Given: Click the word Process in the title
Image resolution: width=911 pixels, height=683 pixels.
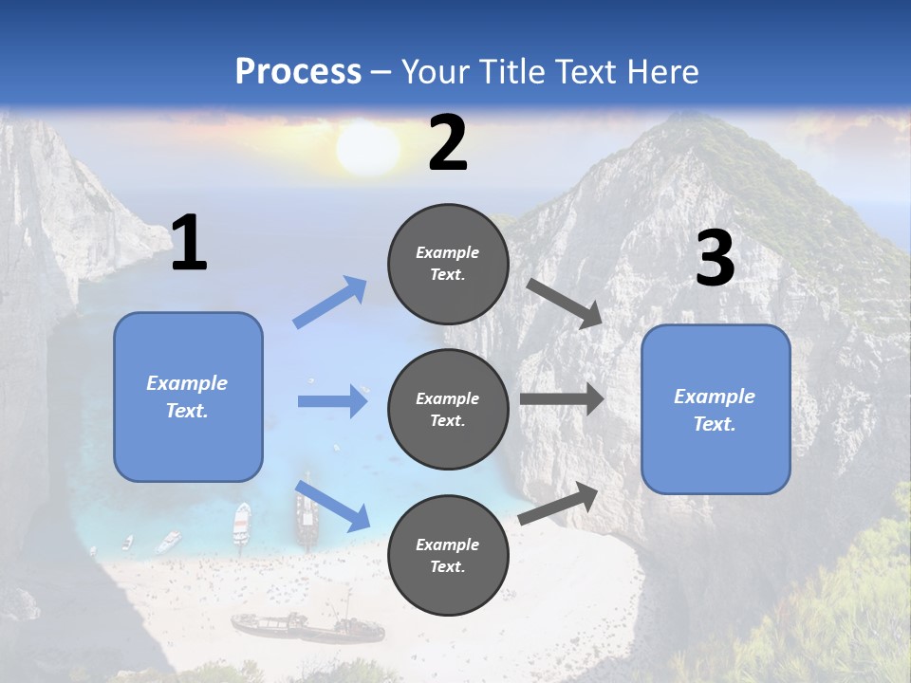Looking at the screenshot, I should coord(298,71).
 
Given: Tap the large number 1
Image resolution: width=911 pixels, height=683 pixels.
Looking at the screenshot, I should coord(189,244).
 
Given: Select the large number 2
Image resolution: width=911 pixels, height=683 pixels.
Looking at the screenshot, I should coord(447,143).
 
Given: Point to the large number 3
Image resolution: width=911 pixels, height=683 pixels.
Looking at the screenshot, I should coord(715,259).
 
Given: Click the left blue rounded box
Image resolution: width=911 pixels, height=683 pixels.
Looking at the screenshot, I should coord(188,397).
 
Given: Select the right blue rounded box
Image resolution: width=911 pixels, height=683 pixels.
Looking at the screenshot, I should coord(716,409).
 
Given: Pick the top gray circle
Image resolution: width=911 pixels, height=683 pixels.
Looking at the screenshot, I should coord(448,264).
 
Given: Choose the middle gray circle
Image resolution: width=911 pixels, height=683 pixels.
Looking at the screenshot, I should coord(448,409).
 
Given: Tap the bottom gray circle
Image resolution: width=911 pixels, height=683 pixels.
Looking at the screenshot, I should coord(448,555).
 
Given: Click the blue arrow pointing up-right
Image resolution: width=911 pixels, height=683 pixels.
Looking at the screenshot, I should coord(331,302).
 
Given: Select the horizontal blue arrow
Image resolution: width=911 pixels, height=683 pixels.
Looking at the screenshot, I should coord(332,401).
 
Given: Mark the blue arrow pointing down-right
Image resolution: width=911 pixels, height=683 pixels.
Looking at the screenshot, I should coord(332,505).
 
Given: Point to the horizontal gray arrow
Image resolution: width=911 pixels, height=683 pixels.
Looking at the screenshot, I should coord(562,399).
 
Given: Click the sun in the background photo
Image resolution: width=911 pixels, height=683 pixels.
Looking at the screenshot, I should coord(367,148).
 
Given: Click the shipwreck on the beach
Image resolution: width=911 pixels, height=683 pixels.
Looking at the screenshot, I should coord(308,627).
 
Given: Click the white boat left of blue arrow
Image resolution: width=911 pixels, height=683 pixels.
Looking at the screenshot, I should coord(242,522).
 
